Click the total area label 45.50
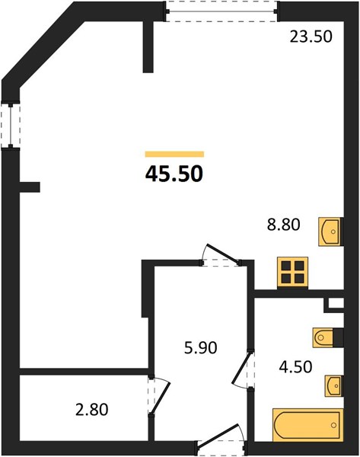coord(174,174)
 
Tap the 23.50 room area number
coord(311,37)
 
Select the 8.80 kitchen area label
coord(283,225)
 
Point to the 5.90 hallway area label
coord(201,348)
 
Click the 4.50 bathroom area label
coord(295,367)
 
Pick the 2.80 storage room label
coord(92,409)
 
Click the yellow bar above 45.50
coord(174,154)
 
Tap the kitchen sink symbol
coord(330,232)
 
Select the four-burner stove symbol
coord(293,272)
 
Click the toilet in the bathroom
coord(323,337)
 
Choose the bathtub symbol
coord(307,425)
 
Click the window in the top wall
coord(222,11)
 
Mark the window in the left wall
coord(11,125)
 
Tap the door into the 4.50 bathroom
coord(243,369)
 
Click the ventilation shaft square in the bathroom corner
coord(334,304)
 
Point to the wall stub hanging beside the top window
coord(148,47)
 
